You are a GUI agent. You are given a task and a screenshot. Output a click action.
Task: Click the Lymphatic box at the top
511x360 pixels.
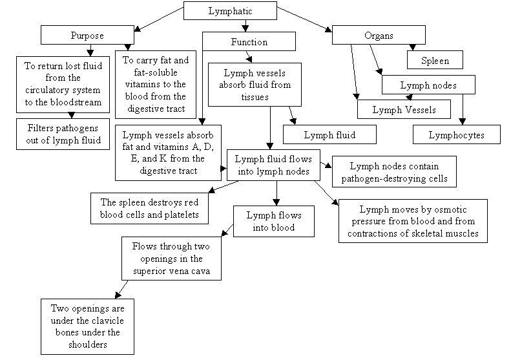click(230, 11)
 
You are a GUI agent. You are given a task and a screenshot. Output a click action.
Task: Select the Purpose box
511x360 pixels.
click(87, 35)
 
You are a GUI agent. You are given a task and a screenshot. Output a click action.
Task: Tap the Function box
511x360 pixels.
click(249, 42)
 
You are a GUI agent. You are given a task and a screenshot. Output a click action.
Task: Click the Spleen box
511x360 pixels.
click(436, 60)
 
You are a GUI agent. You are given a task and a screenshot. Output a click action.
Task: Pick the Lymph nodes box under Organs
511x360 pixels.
click(428, 85)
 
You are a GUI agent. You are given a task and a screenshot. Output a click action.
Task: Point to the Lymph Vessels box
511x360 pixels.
click(404, 109)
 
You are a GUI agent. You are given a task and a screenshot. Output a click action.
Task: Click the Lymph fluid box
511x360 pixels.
click(329, 134)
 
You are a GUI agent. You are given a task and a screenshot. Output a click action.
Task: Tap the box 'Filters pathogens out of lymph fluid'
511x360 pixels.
click(63, 133)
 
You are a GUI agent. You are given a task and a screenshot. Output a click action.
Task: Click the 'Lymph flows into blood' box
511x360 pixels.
click(273, 220)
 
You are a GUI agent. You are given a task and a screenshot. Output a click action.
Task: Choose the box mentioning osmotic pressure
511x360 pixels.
click(413, 222)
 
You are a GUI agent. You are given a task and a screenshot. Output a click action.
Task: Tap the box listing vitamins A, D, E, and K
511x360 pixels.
click(167, 153)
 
